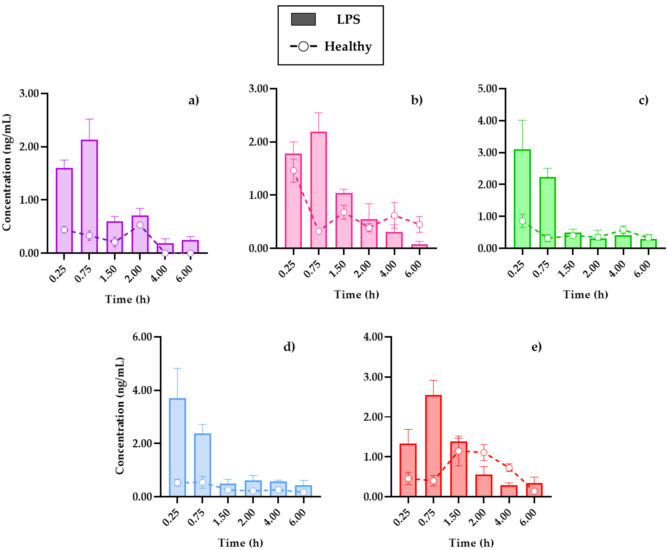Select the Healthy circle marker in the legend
pos(303,47)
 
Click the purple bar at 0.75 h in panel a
pos(89,196)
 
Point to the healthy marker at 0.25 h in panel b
pos(293,171)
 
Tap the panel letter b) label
pos(417,100)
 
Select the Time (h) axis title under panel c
pos(585,295)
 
